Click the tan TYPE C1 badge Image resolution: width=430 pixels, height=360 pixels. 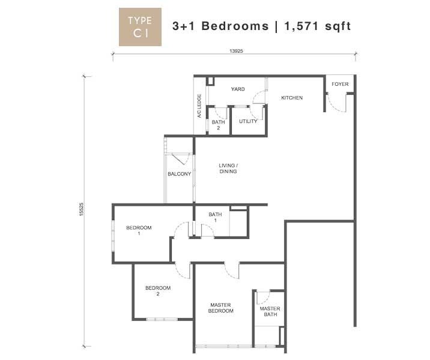point(140,27)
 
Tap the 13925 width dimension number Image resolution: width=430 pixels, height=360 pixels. point(236,51)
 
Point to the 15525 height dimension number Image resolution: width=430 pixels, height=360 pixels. point(81,209)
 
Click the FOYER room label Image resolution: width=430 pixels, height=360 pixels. point(340,84)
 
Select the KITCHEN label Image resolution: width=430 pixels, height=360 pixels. point(292,98)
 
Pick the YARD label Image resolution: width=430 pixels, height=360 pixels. point(238,89)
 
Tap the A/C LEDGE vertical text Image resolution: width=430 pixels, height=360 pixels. point(199,106)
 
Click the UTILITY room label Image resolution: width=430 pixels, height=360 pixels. point(248,121)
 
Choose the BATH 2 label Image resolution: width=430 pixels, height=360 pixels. point(218,125)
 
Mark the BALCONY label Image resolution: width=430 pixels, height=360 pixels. point(180,174)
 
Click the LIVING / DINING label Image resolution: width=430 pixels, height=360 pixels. point(228,169)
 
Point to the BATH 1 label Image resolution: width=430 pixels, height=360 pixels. point(215,217)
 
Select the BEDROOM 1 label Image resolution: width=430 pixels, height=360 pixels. point(139,230)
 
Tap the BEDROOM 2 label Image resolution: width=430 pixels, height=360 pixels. point(158,291)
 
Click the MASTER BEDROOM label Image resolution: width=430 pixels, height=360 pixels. point(221,308)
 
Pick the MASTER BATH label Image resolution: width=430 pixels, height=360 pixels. point(270,311)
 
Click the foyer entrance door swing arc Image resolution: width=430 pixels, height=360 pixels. point(335,106)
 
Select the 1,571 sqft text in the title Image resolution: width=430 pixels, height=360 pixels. point(318,26)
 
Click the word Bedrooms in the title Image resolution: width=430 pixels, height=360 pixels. point(235,26)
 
